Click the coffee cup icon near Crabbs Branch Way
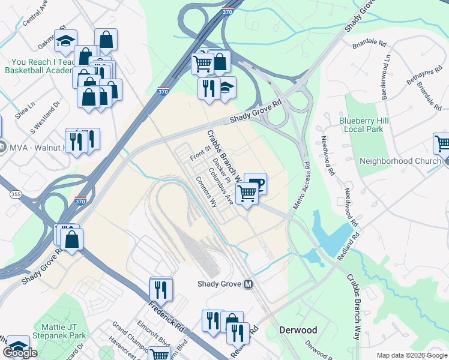pos(255,183)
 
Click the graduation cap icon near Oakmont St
pos(65,41)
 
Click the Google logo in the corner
pos(20,352)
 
